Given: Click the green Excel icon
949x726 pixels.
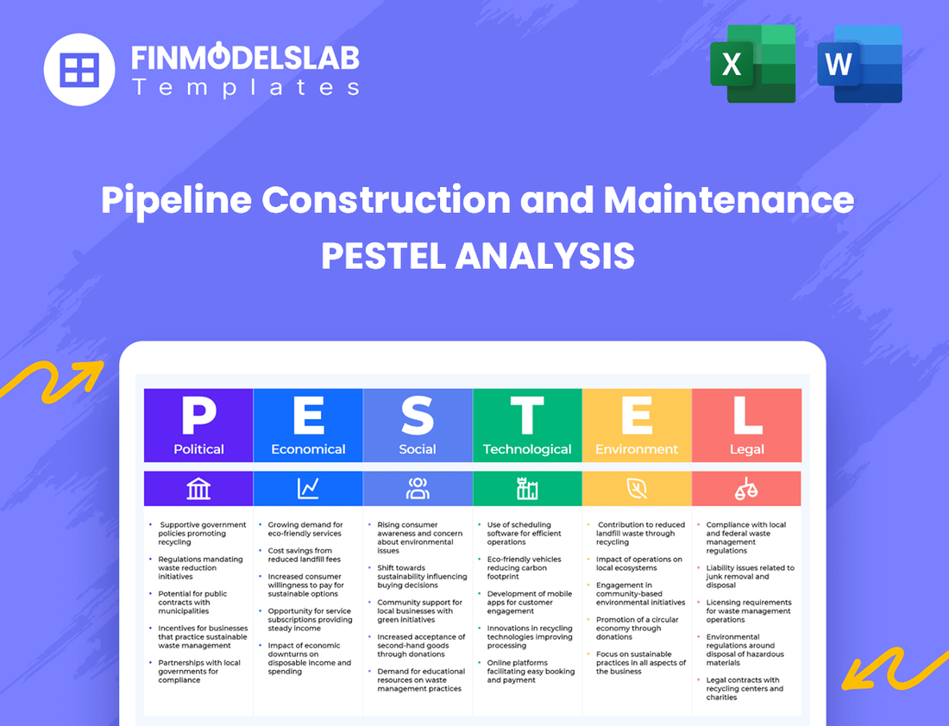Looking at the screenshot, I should (x=752, y=65).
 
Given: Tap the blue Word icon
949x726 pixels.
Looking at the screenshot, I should (x=859, y=65).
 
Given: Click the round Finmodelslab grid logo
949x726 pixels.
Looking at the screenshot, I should (x=79, y=69).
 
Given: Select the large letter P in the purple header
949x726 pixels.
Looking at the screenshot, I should (x=198, y=416).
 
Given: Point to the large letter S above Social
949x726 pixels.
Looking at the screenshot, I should (x=418, y=416).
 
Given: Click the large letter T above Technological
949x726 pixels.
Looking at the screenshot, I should (x=527, y=416).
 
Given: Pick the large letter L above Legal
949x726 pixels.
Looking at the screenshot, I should (x=747, y=416).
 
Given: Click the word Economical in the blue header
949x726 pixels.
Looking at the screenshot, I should (x=308, y=449).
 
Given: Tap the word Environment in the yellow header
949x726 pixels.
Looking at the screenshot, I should (x=637, y=449).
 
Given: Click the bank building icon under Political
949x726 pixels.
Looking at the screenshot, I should (x=198, y=489).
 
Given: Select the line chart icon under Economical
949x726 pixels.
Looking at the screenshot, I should (x=308, y=489).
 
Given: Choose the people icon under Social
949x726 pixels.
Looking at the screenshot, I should (x=418, y=489).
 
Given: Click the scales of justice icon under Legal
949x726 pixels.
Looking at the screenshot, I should (x=746, y=489).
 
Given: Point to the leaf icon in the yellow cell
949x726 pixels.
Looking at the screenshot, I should (x=637, y=489).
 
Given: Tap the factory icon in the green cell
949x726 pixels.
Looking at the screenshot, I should (x=527, y=489).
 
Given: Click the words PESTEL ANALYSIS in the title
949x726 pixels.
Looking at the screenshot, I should (x=478, y=256).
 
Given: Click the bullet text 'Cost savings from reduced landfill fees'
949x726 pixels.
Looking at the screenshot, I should (x=300, y=555).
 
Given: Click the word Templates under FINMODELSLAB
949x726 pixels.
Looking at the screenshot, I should (x=245, y=87).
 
